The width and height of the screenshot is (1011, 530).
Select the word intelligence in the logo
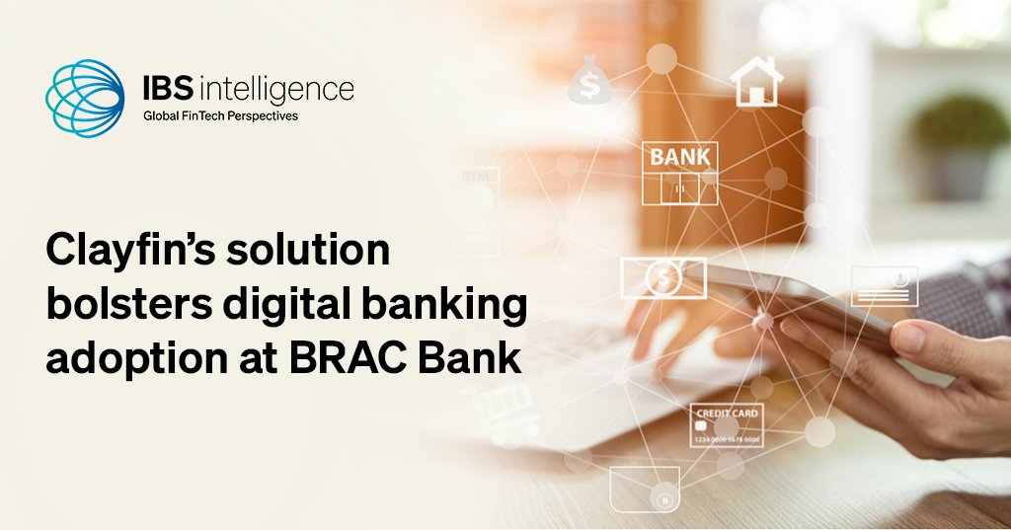[277, 92]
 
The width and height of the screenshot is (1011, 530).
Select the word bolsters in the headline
[120, 306]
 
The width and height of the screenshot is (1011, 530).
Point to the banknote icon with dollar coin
[662, 277]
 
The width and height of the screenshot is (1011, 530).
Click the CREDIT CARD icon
[728, 425]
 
